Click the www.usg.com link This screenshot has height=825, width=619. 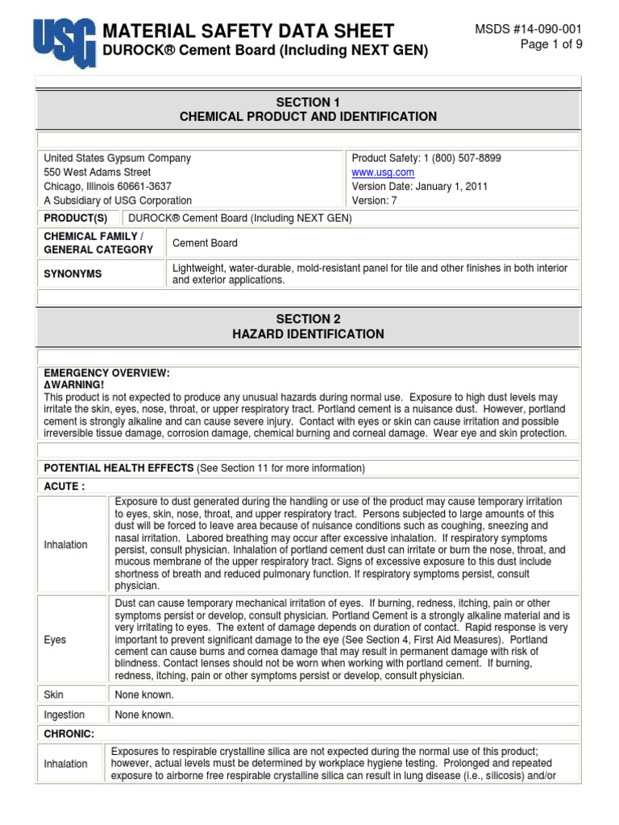click(x=383, y=172)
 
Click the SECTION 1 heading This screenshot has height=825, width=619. click(x=308, y=102)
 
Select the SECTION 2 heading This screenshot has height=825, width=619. click(x=308, y=319)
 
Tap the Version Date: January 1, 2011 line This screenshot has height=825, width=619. click(x=419, y=186)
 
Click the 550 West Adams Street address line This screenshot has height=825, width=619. click(x=97, y=172)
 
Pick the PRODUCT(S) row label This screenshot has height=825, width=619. click(x=75, y=218)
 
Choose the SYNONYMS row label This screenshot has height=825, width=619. click(x=73, y=274)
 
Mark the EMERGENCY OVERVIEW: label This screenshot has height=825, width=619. click(x=106, y=373)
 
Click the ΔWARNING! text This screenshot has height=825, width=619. click(x=74, y=385)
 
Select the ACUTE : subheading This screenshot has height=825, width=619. click(x=64, y=486)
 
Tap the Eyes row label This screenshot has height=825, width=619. click(x=56, y=640)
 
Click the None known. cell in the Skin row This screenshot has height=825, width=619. click(x=144, y=694)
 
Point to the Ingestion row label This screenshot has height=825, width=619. click(x=64, y=715)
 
